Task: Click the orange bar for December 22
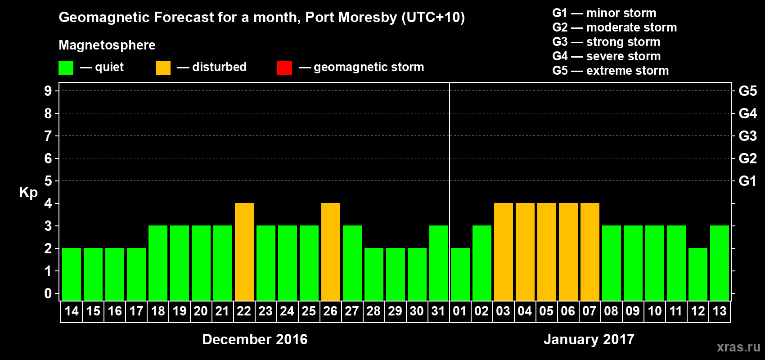[x=244, y=252]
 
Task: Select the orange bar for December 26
[x=331, y=252]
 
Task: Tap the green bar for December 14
[x=72, y=274]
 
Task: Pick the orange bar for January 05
[x=547, y=252]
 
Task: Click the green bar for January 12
[x=698, y=274]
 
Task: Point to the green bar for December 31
[x=439, y=263]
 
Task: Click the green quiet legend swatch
[x=66, y=68]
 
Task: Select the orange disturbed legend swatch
[x=163, y=68]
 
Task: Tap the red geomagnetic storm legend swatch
[x=284, y=68]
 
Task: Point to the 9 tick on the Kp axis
[x=48, y=91]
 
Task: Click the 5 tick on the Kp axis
[x=48, y=181]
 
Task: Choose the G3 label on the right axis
[x=747, y=136]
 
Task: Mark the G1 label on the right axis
[x=747, y=181]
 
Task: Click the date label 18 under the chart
[x=158, y=311]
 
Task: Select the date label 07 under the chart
[x=589, y=311]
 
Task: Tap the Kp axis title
[x=28, y=193]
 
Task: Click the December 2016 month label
[x=255, y=339]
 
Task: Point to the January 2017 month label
[x=589, y=339]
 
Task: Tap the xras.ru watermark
[x=738, y=347]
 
